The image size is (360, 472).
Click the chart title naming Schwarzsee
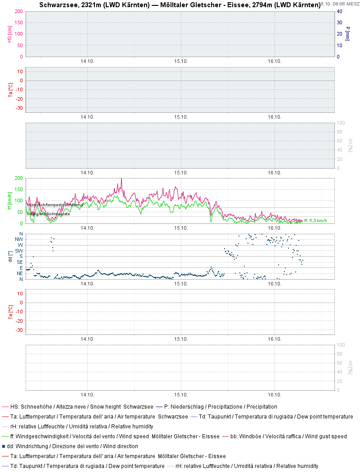point(180,5)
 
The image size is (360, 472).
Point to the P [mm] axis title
point(348,34)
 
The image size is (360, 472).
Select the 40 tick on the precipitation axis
point(340,11)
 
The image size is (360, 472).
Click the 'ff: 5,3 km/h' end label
point(315,221)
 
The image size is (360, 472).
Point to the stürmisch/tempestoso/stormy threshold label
point(54,205)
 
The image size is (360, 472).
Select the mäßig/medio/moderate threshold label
point(48,214)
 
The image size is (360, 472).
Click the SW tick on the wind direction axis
point(19,250)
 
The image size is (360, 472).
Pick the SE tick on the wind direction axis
point(20,262)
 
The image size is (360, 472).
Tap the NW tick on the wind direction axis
point(19,239)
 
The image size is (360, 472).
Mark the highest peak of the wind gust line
point(121,179)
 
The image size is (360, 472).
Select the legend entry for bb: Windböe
point(288,436)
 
